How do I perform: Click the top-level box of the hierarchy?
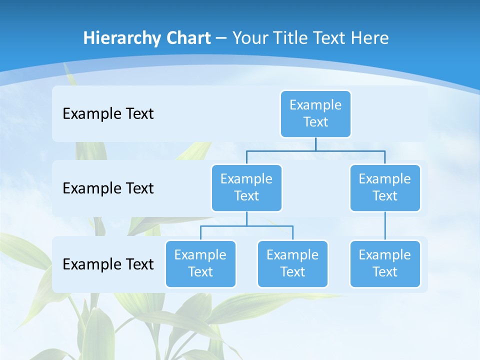[x=315, y=113]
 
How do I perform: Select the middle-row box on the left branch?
[x=246, y=187]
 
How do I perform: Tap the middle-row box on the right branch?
[x=385, y=187]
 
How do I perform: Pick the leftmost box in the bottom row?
[x=200, y=263]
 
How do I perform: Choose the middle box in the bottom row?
[x=292, y=263]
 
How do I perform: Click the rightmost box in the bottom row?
[x=385, y=263]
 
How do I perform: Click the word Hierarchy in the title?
[x=122, y=38]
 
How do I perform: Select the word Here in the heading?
[x=370, y=38]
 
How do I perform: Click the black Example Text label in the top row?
[x=108, y=113]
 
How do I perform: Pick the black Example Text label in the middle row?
[x=108, y=188]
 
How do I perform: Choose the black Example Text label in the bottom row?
[x=108, y=264]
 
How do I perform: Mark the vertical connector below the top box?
[x=315, y=144]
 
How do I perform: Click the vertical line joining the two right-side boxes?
[x=385, y=226]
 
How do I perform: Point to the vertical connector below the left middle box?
[x=246, y=219]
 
